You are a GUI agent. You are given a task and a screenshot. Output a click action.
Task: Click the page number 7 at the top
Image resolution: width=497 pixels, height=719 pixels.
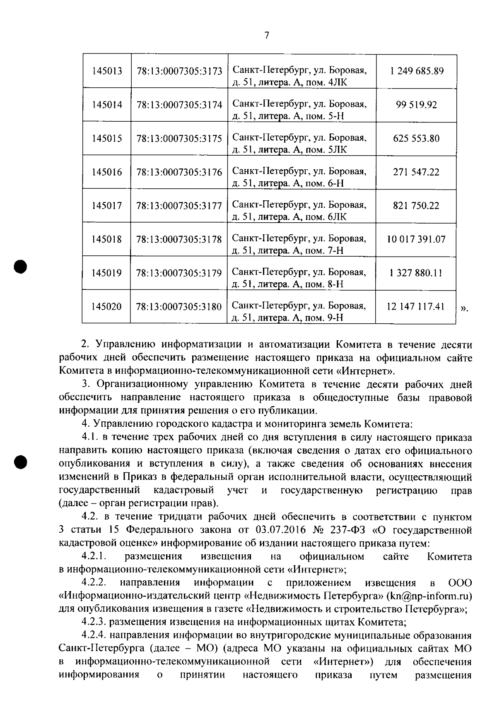(x=267, y=36)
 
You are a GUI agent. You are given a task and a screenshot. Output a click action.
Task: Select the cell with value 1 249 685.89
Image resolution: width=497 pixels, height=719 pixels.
(x=417, y=71)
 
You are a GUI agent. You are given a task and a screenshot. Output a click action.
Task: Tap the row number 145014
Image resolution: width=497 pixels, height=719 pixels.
(x=107, y=105)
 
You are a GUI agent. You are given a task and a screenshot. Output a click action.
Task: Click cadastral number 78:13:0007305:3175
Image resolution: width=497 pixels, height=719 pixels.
(x=179, y=138)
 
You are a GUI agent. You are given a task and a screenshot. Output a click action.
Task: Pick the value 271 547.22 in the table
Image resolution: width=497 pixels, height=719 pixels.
(x=416, y=172)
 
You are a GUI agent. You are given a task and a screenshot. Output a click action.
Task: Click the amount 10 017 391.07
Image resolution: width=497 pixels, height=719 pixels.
(x=416, y=239)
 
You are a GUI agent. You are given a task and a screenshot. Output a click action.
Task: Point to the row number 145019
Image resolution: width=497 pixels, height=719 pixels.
(x=107, y=273)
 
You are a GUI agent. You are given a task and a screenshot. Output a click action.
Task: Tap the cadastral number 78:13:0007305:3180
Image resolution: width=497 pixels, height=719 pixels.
(x=179, y=307)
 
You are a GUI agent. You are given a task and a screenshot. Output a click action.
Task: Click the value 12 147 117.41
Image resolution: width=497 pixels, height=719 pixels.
(x=415, y=307)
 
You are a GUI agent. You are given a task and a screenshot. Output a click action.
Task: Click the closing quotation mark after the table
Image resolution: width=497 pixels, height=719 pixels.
(x=464, y=308)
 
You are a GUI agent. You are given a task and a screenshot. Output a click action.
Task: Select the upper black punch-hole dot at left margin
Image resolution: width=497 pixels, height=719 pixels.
(x=19, y=266)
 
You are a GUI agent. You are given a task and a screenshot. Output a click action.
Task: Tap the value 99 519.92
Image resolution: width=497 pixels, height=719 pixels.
(x=416, y=105)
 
